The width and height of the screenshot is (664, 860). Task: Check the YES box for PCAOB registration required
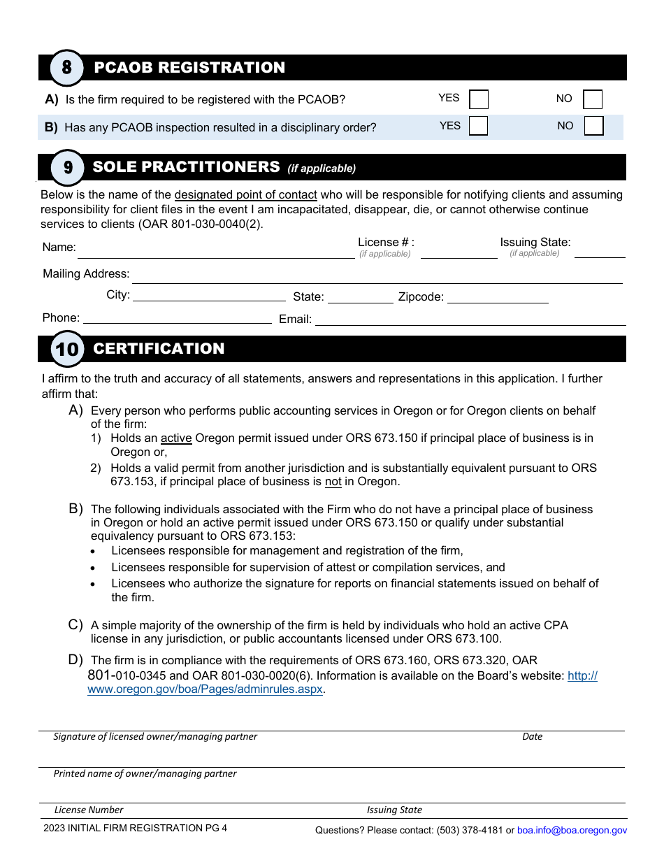pos(479,99)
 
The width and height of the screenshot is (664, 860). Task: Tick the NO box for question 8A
pos(593,99)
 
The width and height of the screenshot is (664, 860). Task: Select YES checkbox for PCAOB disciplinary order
pos(479,126)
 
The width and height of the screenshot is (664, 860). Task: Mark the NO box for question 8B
pos(593,126)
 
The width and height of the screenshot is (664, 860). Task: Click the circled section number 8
pos(67,68)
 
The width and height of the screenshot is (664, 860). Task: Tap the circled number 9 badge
pos(68,167)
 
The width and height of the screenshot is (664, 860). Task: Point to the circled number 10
pos(67,349)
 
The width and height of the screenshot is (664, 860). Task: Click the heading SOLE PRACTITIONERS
pos(186,167)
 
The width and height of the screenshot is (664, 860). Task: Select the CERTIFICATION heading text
pos(159,349)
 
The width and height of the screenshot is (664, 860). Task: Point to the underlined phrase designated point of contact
pos(245,195)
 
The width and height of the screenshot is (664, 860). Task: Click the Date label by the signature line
pos(532,736)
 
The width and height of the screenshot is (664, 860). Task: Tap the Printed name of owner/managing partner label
pos(145,773)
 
